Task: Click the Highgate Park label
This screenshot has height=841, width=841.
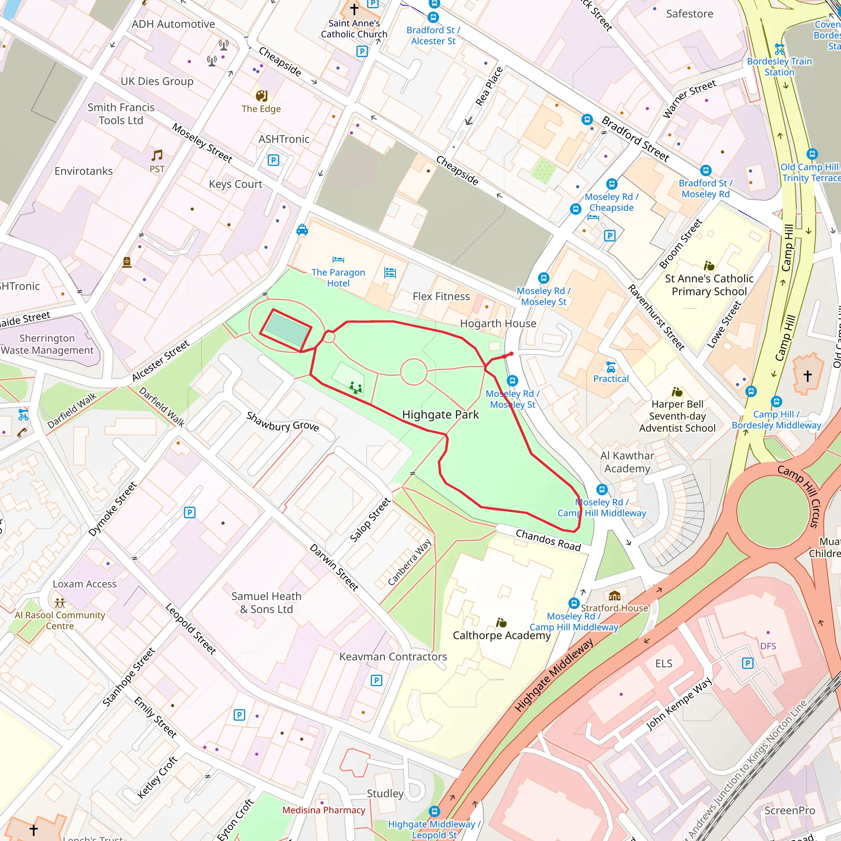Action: coord(440,414)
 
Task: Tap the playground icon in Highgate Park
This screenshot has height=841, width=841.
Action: coord(356,387)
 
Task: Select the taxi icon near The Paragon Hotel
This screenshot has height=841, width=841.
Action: coord(302,230)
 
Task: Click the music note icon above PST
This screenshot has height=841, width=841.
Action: coord(157,155)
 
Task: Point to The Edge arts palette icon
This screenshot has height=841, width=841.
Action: coord(261,96)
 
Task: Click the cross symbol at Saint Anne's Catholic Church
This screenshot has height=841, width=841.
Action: coord(354,9)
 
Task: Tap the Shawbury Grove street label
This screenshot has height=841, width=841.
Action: coord(283,421)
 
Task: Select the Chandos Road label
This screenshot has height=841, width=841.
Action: coord(548,540)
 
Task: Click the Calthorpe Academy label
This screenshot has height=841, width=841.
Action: coord(501,635)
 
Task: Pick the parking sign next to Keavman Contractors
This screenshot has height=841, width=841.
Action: coord(377,680)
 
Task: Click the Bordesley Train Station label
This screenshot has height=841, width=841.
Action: coord(779,67)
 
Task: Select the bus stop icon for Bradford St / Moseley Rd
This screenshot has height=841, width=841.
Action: coord(705,171)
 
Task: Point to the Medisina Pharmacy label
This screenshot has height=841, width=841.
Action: coord(324,810)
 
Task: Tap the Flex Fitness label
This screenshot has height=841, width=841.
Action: coord(441,296)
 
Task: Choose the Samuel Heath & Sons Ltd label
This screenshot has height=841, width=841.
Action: coord(267,602)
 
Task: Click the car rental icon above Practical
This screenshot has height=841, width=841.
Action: coord(611,367)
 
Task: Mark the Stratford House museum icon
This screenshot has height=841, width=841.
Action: coord(614,595)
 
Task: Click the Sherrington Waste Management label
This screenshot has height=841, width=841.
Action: coord(47,344)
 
